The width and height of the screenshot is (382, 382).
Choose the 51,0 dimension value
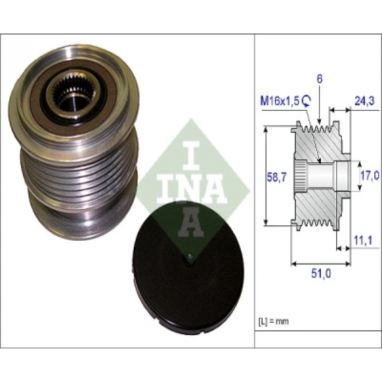321,274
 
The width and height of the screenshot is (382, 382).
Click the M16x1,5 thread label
280,101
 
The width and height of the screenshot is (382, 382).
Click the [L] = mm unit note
273,321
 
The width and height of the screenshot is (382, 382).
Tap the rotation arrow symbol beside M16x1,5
307,100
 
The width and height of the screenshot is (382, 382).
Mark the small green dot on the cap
189,256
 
